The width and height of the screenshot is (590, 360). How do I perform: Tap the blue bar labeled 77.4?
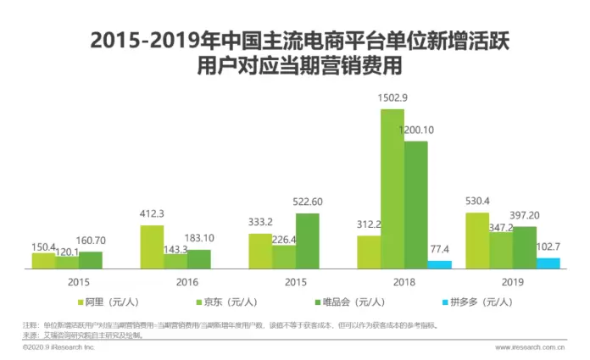pyautogui.click(x=439, y=264)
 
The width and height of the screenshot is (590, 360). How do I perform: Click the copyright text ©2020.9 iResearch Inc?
pyautogui.click(x=59, y=346)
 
